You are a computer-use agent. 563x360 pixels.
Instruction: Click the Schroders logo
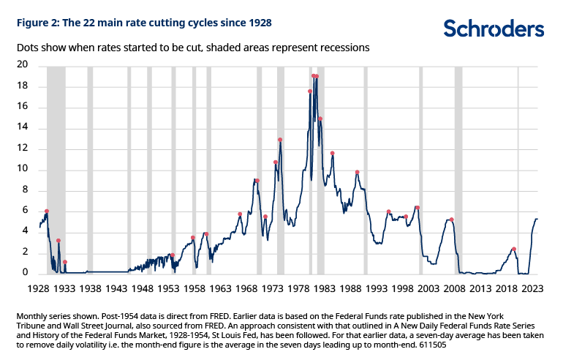(x=494, y=28)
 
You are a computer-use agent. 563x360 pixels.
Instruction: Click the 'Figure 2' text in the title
(x=36, y=23)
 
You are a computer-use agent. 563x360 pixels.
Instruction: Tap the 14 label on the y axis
(x=23, y=128)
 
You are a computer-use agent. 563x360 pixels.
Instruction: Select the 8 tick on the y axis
(x=26, y=190)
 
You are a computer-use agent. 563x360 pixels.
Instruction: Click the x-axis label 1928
(x=39, y=288)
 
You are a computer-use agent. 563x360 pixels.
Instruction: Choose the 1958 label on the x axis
(x=194, y=288)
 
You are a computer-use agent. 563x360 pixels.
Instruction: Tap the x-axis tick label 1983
(x=322, y=288)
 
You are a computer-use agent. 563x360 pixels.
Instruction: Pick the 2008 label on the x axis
(x=452, y=288)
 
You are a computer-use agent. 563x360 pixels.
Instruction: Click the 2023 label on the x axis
(x=529, y=288)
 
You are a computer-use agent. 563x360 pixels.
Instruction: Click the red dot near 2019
(x=514, y=250)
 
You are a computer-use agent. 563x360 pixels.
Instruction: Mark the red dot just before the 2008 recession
(x=452, y=220)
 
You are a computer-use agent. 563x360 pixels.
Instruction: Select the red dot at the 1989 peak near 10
(x=357, y=173)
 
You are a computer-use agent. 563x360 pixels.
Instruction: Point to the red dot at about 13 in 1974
(x=280, y=140)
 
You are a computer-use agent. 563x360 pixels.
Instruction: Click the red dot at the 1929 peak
(x=47, y=211)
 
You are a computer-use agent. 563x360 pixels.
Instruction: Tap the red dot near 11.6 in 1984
(x=333, y=154)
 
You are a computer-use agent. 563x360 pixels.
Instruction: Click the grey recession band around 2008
(x=458, y=168)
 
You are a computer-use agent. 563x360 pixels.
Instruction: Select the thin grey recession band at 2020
(x=518, y=168)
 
